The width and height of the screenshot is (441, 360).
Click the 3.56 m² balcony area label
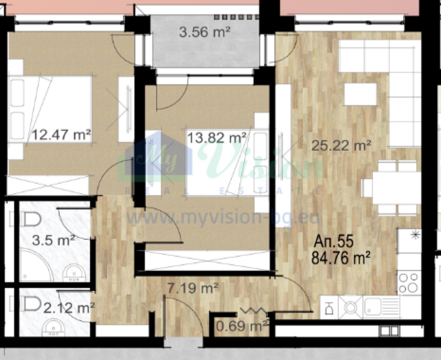pyautogui.click(x=205, y=32)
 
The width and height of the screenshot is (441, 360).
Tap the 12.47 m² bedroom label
pyautogui.click(x=61, y=135)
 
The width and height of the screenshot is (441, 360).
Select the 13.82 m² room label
pyautogui.click(x=217, y=138)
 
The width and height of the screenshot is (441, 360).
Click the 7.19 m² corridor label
pyautogui.click(x=193, y=288)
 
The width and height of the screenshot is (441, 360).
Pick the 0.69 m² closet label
pyautogui.click(x=242, y=326)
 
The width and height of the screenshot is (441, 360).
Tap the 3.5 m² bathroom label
pyautogui.click(x=54, y=240)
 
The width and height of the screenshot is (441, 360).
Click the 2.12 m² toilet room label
pyautogui.click(x=69, y=308)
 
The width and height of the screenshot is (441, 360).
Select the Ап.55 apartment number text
pyautogui.click(x=334, y=241)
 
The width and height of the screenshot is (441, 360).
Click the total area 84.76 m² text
pyautogui.click(x=341, y=258)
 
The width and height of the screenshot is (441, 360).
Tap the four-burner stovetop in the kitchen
pyautogui.click(x=409, y=283)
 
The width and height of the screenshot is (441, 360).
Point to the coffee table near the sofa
pyautogui.click(x=360, y=95)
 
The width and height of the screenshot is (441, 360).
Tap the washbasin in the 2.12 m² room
pyautogui.click(x=54, y=327)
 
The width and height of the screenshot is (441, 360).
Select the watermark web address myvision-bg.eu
pyautogui.click(x=223, y=218)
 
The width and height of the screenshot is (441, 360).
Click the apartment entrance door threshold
pyautogui.click(x=183, y=344)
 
